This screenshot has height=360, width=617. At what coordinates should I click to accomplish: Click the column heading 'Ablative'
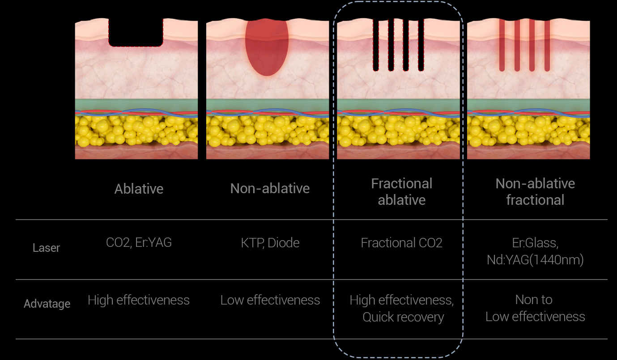tap(139, 189)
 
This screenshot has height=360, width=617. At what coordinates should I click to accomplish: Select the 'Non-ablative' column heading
tap(270, 189)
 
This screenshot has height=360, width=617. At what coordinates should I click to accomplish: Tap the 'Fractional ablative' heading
tap(402, 191)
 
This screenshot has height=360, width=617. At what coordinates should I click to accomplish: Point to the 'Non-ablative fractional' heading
tap(535, 191)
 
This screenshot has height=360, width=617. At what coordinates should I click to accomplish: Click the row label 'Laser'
tap(46, 248)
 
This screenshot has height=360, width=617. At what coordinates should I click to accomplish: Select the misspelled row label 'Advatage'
tap(47, 304)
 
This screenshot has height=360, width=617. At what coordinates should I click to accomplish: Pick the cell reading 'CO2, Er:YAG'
tap(139, 242)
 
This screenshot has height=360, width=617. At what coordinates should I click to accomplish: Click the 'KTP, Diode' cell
tap(270, 243)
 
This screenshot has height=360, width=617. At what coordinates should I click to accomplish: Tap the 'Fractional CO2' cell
tap(401, 243)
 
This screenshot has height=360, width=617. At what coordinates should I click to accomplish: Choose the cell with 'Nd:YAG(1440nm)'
tap(535, 260)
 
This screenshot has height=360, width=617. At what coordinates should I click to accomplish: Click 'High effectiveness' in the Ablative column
tap(139, 300)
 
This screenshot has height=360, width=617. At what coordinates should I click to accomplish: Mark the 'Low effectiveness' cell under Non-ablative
tap(270, 300)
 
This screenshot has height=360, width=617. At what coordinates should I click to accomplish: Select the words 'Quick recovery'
tap(403, 317)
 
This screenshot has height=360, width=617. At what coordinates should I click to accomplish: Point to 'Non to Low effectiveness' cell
tap(535, 308)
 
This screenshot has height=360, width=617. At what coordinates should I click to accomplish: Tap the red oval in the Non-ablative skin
tap(267, 47)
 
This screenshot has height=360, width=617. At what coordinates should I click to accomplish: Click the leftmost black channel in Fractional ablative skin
tap(376, 45)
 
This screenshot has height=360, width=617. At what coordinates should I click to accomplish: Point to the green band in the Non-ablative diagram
tap(267, 104)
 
